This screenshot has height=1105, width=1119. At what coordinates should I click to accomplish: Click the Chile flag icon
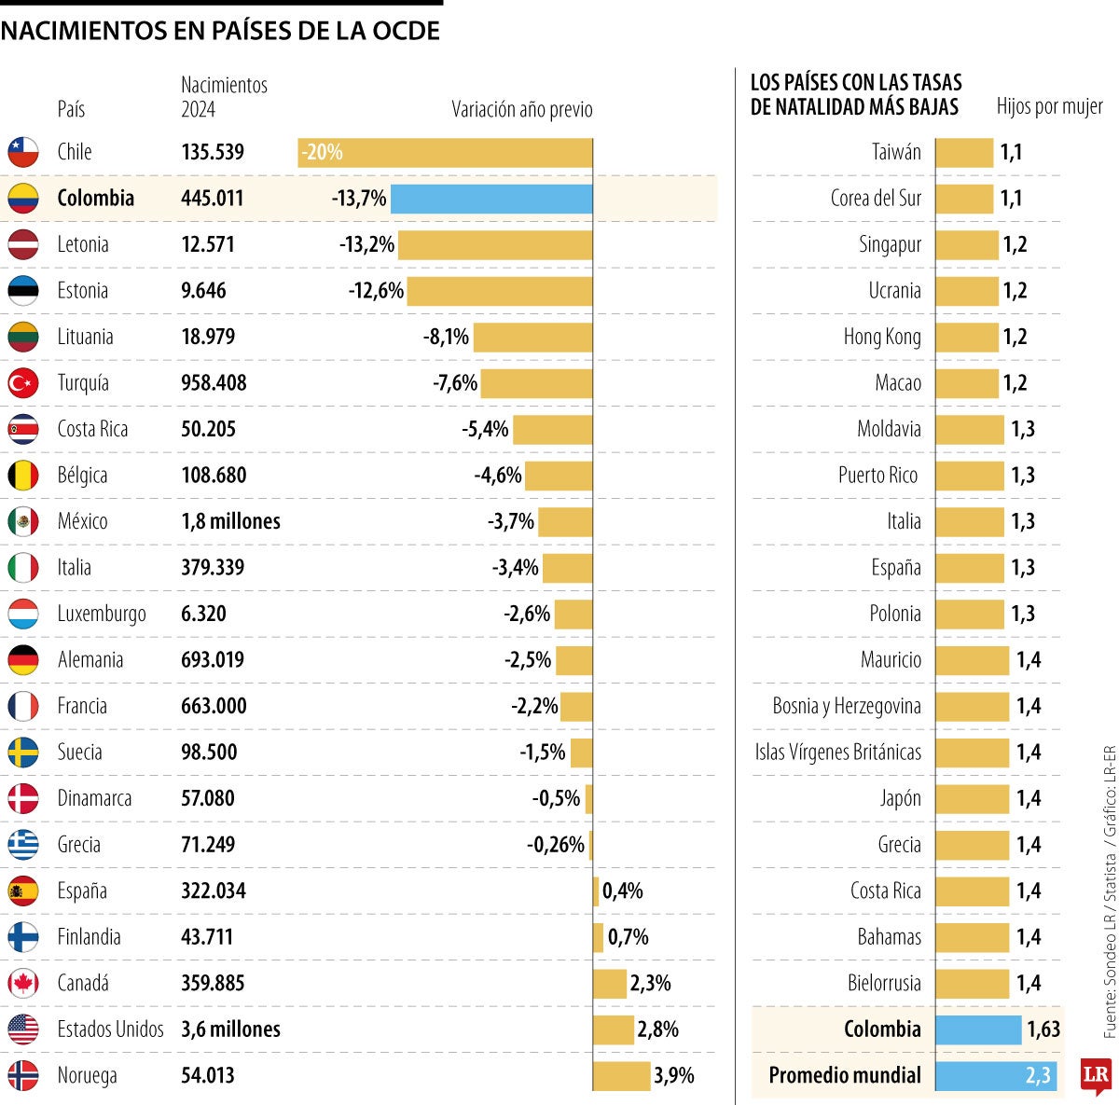23,152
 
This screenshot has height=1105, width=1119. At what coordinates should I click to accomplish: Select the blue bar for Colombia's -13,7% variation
491,199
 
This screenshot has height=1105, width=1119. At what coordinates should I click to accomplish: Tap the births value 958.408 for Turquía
214,383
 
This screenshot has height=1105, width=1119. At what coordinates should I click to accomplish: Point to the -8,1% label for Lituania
446,337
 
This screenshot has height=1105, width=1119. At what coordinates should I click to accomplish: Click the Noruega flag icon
23,1076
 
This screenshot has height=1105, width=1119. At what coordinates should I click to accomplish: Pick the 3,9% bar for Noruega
621,1076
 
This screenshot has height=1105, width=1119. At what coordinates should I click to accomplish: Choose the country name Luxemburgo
102,615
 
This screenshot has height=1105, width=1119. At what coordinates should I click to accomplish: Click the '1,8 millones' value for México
230,522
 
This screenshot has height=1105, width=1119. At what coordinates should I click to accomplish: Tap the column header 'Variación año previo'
522,110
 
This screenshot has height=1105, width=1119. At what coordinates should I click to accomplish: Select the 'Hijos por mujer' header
1049,106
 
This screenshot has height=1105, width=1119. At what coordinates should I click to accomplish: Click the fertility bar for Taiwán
964,153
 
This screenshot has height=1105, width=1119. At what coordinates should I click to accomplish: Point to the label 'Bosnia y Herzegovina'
847,707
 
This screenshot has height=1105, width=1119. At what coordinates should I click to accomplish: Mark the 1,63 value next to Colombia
1043,1029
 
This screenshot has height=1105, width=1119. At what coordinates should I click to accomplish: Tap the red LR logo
1096,1076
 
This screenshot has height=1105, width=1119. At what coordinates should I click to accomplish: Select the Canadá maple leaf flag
23,984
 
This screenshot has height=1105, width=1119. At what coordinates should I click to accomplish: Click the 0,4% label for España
623,891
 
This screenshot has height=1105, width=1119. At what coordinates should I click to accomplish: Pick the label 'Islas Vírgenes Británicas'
838,753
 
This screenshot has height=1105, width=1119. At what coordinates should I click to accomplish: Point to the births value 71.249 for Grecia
208,845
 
